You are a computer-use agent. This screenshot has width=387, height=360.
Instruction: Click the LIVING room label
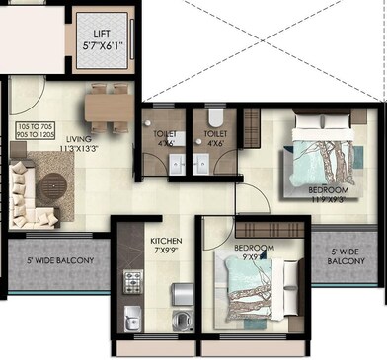tap(78, 138)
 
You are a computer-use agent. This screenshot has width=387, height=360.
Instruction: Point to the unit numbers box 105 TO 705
tap(39, 132)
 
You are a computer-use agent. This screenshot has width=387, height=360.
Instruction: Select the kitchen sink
tap(131, 321)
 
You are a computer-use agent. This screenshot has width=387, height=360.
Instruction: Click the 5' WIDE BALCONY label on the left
tap(61, 260)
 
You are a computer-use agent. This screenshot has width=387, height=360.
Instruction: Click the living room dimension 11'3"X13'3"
tap(78, 150)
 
